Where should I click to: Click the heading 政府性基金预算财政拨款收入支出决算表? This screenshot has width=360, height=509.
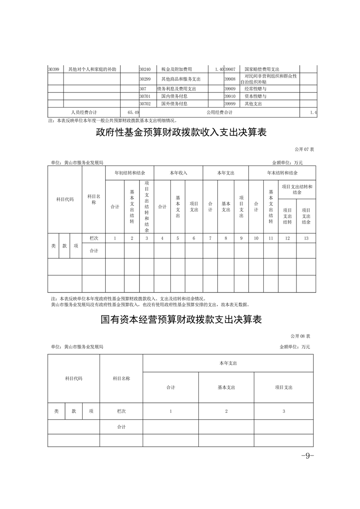click(181, 132)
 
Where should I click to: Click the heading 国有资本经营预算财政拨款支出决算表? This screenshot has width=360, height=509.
click(181, 319)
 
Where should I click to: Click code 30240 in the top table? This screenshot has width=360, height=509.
click(145, 69)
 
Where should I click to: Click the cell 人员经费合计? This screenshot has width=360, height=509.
click(84, 112)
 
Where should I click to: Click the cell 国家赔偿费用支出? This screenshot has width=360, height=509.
click(262, 69)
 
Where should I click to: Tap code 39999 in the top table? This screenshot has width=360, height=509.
click(230, 103)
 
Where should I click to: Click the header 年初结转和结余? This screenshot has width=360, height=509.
click(130, 173)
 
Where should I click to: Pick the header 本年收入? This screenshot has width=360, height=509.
click(178, 173)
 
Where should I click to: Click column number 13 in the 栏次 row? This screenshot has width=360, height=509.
click(306, 238)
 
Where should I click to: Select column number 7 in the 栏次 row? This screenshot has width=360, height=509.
click(210, 238)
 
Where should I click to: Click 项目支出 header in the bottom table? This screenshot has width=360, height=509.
click(284, 387)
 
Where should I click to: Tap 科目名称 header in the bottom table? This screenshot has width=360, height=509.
click(121, 378)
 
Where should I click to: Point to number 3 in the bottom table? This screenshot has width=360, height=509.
click(284, 411)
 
